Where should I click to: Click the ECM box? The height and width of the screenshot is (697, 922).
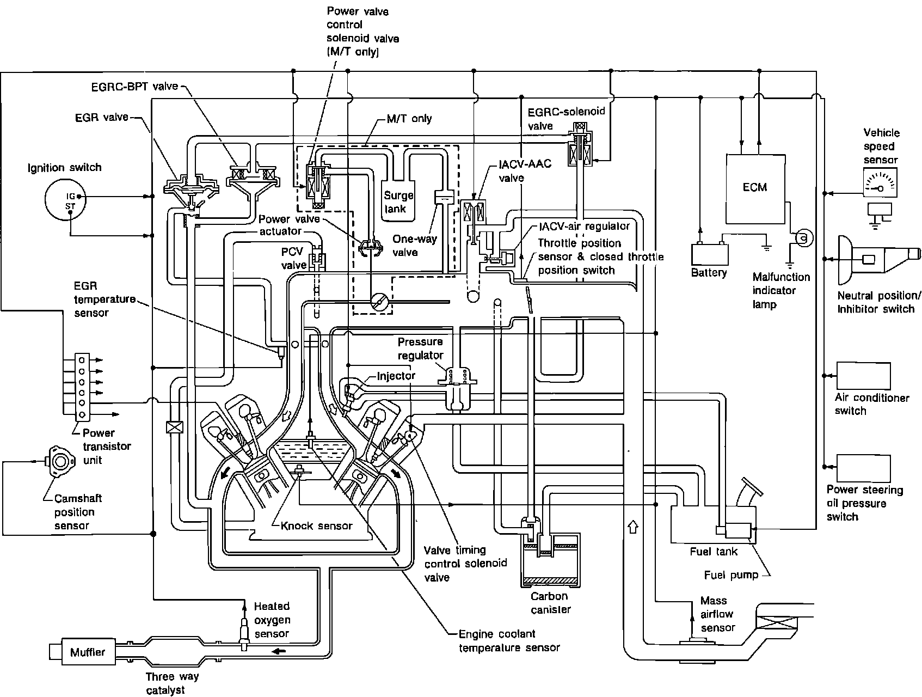click(x=754, y=186)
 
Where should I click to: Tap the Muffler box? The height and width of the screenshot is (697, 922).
click(x=87, y=652)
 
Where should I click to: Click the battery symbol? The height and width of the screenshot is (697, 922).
click(x=710, y=254)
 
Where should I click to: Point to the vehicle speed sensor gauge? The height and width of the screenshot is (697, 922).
click(x=880, y=182)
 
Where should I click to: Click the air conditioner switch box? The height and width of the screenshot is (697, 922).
click(x=863, y=375)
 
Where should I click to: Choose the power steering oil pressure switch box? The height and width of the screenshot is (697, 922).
click(x=863, y=468)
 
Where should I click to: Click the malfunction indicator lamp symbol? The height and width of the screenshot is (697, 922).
click(x=803, y=238)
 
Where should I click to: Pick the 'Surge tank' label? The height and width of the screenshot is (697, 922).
click(x=399, y=201)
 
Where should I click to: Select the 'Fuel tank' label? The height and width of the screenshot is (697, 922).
click(x=713, y=551)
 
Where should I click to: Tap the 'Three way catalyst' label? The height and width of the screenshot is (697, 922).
click(x=172, y=683)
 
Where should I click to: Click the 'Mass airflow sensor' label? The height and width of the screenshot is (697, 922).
click(x=717, y=614)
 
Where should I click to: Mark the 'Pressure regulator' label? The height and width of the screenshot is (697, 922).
click(x=420, y=348)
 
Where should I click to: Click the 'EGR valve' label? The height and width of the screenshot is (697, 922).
click(x=102, y=117)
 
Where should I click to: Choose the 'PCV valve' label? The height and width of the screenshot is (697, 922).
click(x=294, y=258)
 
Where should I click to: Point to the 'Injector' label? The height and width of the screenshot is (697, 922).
click(x=396, y=376)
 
